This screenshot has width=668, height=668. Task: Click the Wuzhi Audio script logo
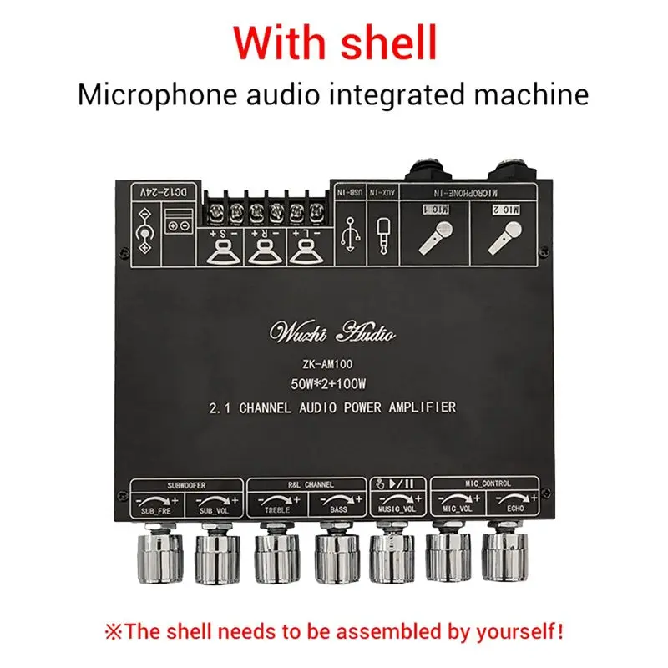click(332, 334)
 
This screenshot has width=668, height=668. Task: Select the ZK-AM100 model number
click(332, 364)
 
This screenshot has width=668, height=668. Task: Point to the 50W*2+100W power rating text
click(332, 385)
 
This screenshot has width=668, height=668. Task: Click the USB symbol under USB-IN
click(349, 234)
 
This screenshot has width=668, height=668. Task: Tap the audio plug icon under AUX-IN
click(382, 234)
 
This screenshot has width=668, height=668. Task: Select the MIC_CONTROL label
click(487, 483)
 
